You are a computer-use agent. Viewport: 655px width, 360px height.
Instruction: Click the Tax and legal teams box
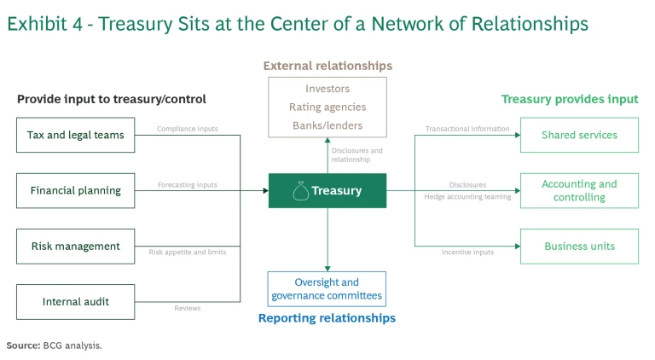click(x=76, y=135)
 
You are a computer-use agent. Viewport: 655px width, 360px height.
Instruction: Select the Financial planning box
click(x=76, y=190)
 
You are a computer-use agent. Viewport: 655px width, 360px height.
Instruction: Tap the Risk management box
click(x=76, y=246)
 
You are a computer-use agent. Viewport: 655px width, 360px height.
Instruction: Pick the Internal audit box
click(x=76, y=301)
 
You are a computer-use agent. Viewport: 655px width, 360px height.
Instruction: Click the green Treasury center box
click(x=327, y=190)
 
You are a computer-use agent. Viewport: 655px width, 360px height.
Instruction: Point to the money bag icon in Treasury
click(x=300, y=191)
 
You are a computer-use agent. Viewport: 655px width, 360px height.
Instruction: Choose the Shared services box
click(x=579, y=135)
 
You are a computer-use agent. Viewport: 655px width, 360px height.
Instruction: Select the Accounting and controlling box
click(x=579, y=190)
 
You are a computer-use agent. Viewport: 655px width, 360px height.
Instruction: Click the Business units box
click(x=579, y=246)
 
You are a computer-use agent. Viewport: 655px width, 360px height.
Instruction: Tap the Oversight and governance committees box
click(x=327, y=289)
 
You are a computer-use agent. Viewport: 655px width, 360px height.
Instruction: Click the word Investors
click(x=327, y=89)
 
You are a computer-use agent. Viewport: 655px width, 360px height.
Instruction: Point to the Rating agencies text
click(x=327, y=107)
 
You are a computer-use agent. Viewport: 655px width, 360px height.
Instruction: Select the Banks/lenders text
click(x=327, y=125)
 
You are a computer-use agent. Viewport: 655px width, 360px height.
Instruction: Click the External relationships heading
click(x=327, y=66)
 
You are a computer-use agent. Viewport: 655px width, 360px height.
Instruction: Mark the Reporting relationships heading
click(x=327, y=318)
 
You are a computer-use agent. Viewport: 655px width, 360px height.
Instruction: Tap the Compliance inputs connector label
click(x=187, y=130)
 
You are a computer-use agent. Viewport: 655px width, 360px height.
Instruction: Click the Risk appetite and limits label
click(x=187, y=252)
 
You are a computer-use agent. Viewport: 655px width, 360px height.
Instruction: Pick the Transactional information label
click(x=467, y=130)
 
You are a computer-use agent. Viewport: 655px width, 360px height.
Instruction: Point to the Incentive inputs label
click(x=467, y=252)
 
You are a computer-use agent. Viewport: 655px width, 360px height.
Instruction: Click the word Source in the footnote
click(x=22, y=345)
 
